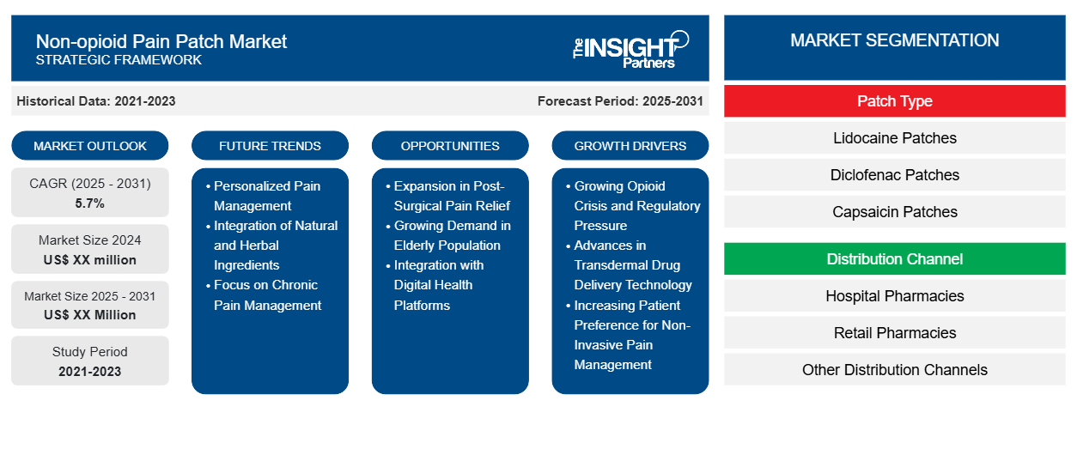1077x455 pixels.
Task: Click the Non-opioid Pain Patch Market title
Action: point(161,40)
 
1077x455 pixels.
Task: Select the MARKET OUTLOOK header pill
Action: point(90,146)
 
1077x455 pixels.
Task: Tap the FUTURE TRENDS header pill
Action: point(270,146)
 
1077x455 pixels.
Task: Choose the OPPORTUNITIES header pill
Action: point(450,146)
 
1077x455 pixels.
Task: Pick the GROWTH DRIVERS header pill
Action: point(630,146)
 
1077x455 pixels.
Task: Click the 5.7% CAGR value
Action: point(90,203)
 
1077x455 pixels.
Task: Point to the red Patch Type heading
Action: point(894,101)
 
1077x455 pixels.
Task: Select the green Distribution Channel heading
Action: point(894,258)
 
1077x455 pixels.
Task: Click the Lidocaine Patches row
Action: point(894,138)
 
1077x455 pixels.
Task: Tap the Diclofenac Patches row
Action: point(894,175)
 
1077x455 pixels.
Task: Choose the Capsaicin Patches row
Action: point(894,212)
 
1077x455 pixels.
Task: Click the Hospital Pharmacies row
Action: point(894,296)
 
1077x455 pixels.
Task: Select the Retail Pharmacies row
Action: point(894,333)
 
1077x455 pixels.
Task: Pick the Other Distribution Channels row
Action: point(894,370)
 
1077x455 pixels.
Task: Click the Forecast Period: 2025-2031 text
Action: point(620,101)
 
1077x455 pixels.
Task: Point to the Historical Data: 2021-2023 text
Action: point(96,101)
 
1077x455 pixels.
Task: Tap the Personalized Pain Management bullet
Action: point(266,196)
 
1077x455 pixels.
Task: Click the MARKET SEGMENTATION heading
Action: point(894,40)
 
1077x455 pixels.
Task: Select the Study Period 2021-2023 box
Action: point(90,361)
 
